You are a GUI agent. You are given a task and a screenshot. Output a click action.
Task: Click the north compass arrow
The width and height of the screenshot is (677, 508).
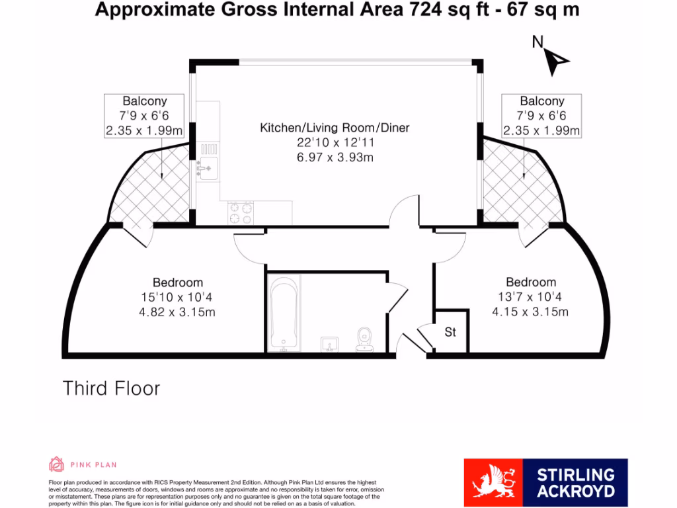pyautogui.click(x=558, y=62)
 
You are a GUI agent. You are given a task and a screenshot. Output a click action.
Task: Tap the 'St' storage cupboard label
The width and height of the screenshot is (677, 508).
pyautogui.click(x=450, y=332)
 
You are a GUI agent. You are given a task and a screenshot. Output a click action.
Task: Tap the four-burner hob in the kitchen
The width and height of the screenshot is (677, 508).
pyautogui.click(x=241, y=212)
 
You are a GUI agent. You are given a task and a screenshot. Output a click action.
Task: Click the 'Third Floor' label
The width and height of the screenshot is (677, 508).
pyautogui.click(x=111, y=388)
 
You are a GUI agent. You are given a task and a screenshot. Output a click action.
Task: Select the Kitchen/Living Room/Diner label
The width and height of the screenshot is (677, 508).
pyautogui.click(x=335, y=128)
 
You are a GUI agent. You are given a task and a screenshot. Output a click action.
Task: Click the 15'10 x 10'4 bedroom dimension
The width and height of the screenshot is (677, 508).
pyautogui.click(x=178, y=297)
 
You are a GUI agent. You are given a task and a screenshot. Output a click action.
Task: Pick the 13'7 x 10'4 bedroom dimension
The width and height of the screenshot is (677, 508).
pyautogui.click(x=531, y=297)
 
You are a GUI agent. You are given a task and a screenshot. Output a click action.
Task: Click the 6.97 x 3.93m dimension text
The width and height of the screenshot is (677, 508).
pyautogui.click(x=335, y=157)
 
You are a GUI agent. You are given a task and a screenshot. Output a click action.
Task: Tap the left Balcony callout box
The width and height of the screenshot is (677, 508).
pyautogui.click(x=145, y=116)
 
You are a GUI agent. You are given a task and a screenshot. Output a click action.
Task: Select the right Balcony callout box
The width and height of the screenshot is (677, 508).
pyautogui.click(x=541, y=116)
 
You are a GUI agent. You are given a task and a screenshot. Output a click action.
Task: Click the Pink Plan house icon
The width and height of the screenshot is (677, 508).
pyautogui.click(x=57, y=464)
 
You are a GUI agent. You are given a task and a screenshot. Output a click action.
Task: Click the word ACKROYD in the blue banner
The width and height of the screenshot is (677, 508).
pyautogui.click(x=575, y=491)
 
